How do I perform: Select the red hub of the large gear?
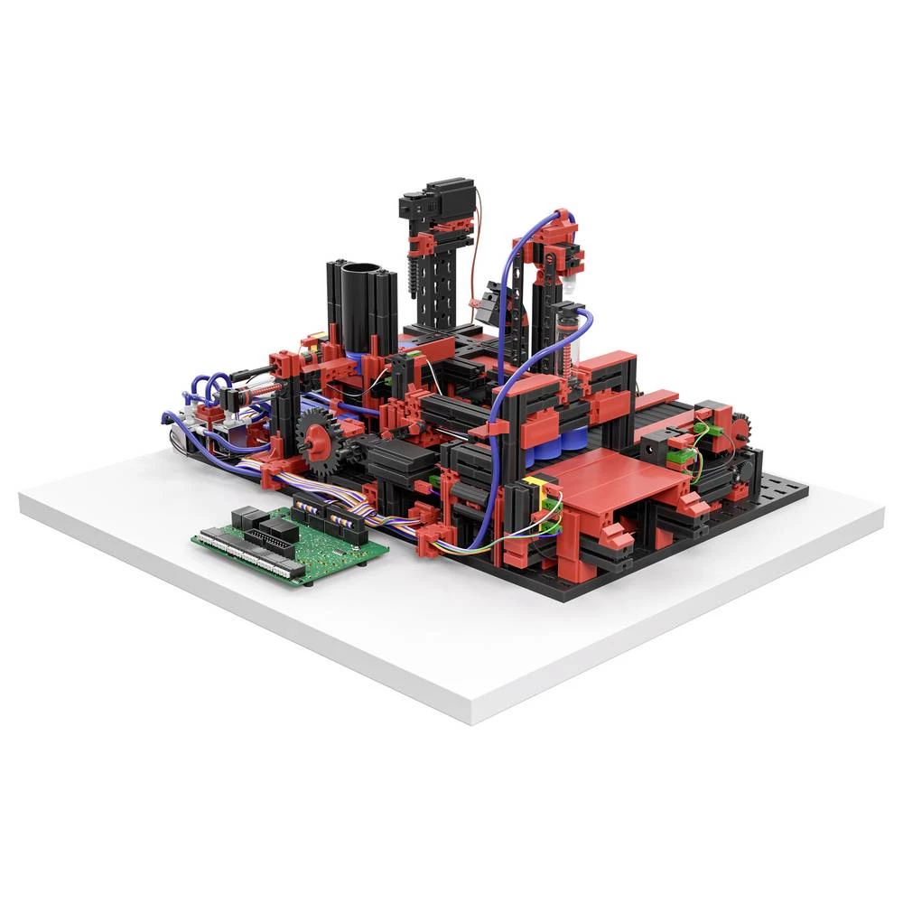click(317, 435)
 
